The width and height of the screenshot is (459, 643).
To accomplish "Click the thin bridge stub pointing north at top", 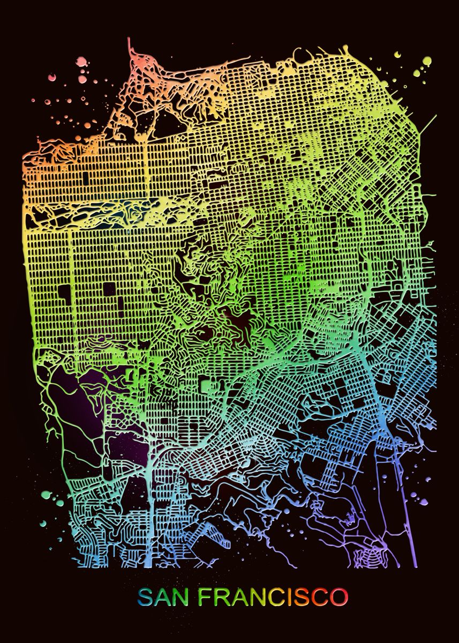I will tap(130, 47).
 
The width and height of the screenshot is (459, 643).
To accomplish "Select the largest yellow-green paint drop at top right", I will tap(426, 61).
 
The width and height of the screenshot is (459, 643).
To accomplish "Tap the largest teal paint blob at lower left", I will tap(47, 494).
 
